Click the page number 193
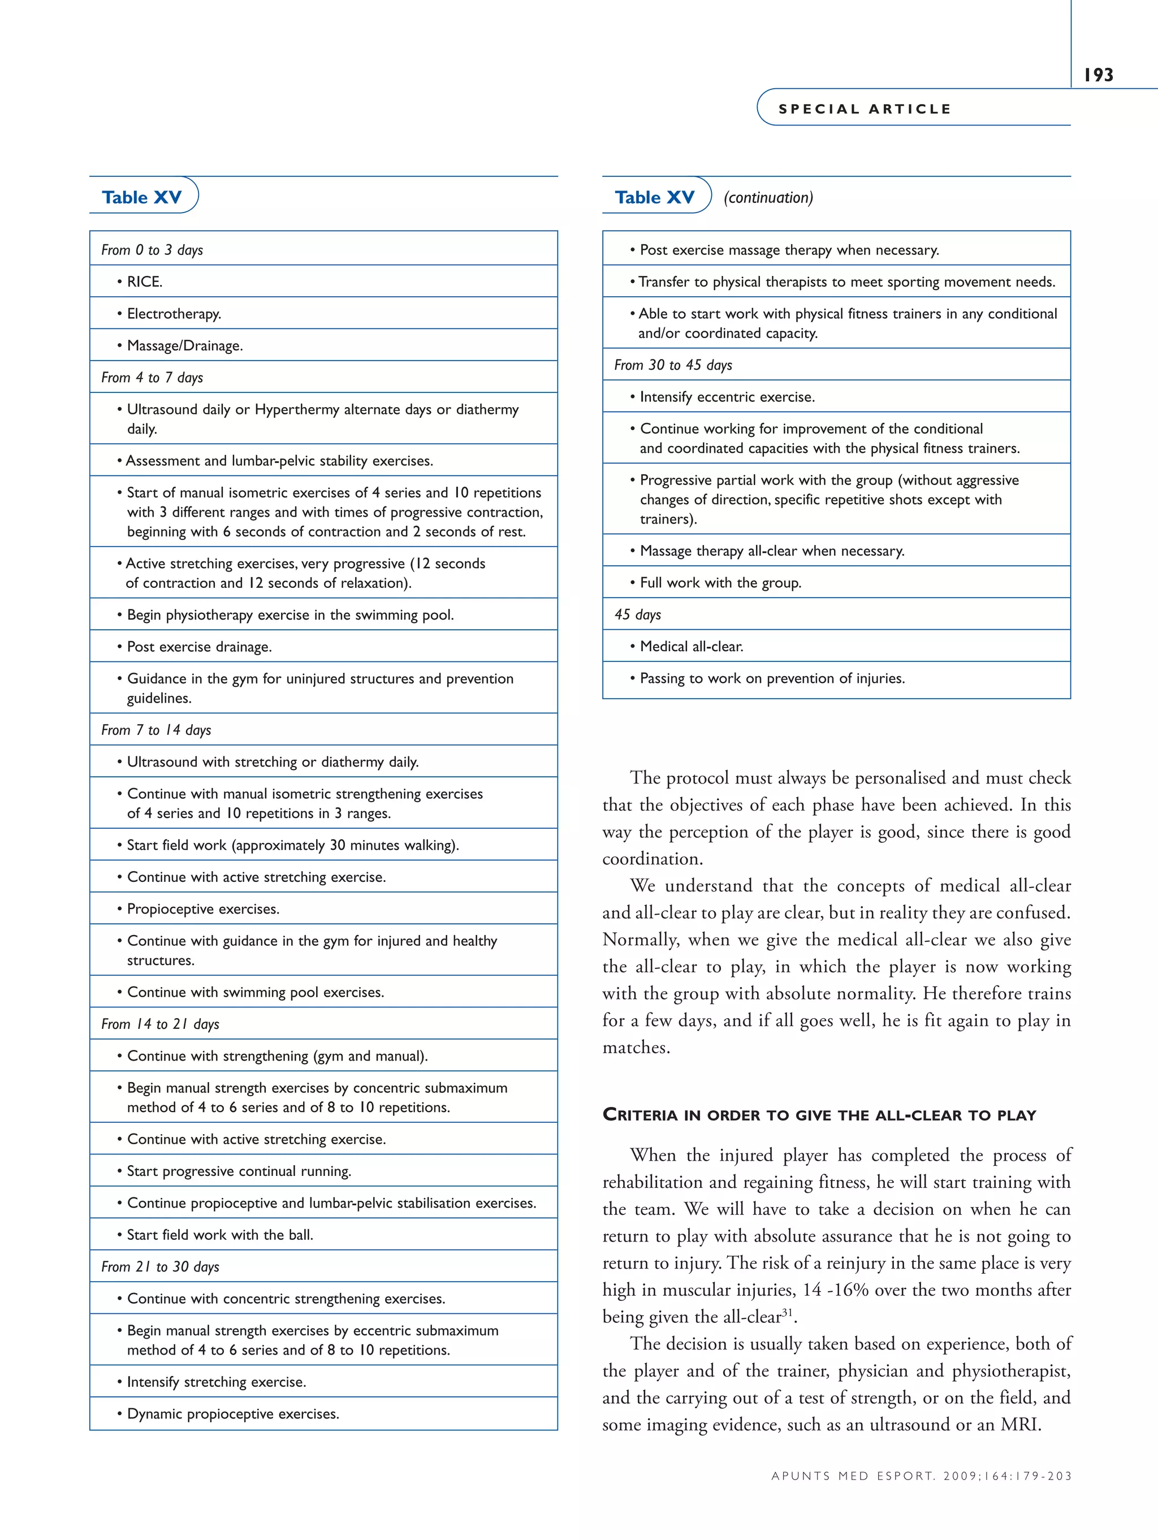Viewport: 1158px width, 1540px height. click(1098, 75)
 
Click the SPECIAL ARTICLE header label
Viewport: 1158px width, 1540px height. click(864, 109)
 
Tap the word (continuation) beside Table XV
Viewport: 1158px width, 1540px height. click(768, 198)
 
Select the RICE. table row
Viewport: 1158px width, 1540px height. click(145, 282)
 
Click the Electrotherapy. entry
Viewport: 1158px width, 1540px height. click(174, 314)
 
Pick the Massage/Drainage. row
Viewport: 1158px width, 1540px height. click(184, 346)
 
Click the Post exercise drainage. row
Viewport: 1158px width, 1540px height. click(199, 647)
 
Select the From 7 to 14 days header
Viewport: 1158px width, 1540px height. click(156, 730)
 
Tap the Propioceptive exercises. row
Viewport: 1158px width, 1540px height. click(202, 909)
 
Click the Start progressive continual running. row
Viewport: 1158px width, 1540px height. click(239, 1171)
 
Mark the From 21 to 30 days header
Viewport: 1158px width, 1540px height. click(160, 1267)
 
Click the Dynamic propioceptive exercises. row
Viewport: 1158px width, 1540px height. click(232, 1414)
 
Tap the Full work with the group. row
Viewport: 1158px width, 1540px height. click(720, 583)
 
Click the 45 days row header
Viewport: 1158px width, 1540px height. click(637, 615)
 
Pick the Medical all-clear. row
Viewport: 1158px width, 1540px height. click(692, 647)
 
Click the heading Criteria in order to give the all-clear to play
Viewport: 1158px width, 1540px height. click(819, 1115)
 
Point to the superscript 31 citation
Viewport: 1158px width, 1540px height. click(788, 1312)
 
